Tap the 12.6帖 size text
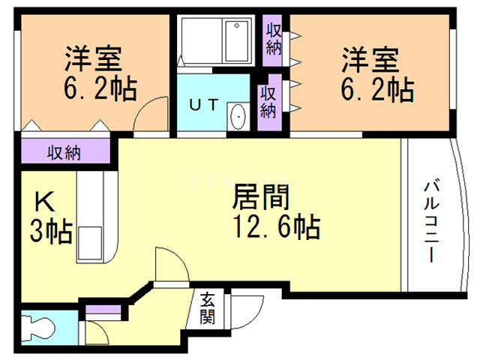coord(277,226)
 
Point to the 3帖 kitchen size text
coord(50,231)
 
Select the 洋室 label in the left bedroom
coord(93,58)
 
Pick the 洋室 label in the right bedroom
coord(371,58)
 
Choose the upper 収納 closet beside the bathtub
coord(273,38)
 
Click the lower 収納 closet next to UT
coord(268,101)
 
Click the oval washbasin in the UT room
coord(238,116)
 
